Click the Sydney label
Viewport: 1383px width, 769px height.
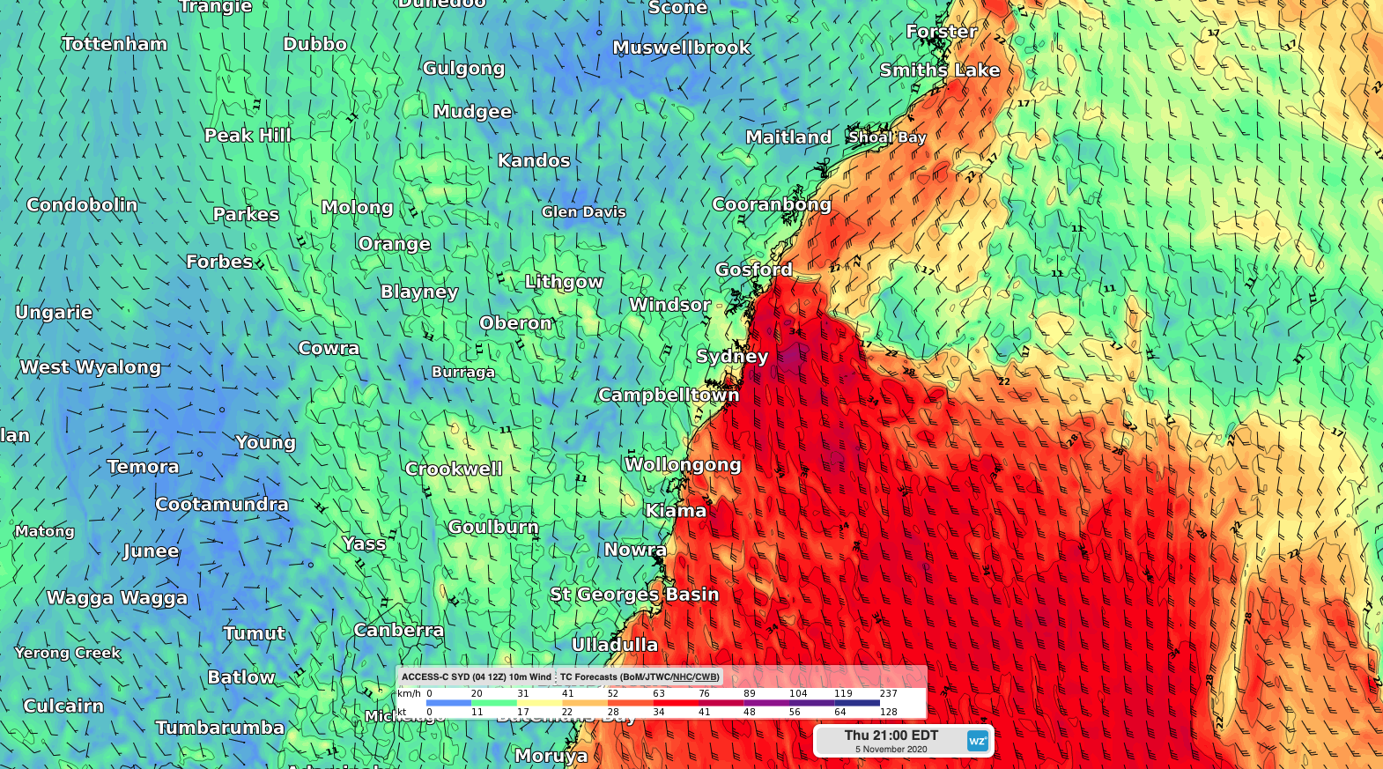[x=732, y=357]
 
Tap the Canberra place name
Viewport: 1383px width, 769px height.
[x=399, y=631]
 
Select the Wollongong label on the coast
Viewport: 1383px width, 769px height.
[x=683, y=465]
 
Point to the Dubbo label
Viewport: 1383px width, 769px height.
[x=314, y=44]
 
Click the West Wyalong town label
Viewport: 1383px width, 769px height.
[x=91, y=367]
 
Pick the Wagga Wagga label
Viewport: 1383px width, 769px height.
[x=117, y=598]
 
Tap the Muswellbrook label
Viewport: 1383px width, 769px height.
[x=681, y=48]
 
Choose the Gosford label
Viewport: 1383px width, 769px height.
[x=753, y=270]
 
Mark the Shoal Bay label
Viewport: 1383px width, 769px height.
[x=887, y=137]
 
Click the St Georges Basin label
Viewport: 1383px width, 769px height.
[x=634, y=595]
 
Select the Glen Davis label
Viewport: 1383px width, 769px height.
[x=583, y=212]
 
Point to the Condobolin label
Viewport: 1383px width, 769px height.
[x=82, y=205]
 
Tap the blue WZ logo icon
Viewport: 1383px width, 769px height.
[x=977, y=741]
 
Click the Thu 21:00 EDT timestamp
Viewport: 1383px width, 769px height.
[x=891, y=736]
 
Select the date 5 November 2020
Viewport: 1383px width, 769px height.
[x=891, y=750]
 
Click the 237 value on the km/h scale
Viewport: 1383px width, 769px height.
[x=888, y=693]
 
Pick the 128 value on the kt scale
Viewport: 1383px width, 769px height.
[x=888, y=712]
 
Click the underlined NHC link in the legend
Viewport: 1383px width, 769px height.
[x=683, y=677]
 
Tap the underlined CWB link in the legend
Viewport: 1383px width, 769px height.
[x=706, y=677]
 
